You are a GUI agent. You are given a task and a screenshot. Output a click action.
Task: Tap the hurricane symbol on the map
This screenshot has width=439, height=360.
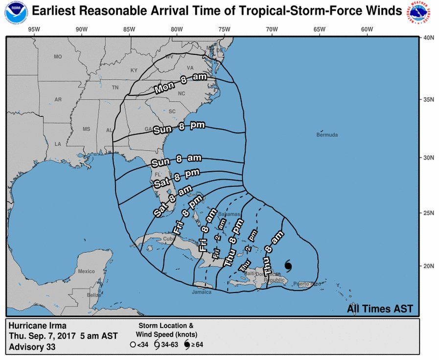point(288,266)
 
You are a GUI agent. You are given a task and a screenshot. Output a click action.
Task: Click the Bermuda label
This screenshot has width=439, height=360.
point(327,135)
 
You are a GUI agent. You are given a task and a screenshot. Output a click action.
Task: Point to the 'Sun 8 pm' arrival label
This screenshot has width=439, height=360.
point(178,128)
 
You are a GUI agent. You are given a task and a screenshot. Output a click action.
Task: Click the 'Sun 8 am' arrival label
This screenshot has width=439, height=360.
point(177,159)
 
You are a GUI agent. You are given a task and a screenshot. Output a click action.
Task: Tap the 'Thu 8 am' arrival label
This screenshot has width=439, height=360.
point(273,252)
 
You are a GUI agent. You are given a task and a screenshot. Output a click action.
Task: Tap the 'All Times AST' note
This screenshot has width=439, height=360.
point(380,309)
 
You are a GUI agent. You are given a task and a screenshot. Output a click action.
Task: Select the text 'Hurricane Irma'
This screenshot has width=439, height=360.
point(37,326)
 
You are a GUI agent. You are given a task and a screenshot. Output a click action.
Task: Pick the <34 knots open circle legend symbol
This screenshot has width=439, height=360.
point(133,344)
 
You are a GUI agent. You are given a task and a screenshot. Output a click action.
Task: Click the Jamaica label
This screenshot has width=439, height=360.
point(202,292)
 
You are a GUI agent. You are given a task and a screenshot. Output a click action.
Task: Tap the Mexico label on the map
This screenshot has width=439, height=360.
point(86,271)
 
